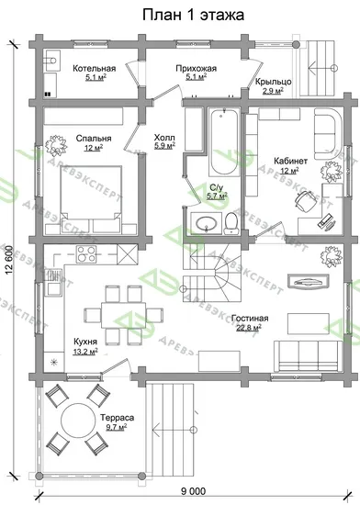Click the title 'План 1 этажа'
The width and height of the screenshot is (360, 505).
click(x=193, y=15)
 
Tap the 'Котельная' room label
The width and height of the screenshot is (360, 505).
click(x=94, y=68)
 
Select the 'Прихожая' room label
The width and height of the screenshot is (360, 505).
click(x=197, y=68)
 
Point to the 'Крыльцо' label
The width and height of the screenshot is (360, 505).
click(x=274, y=82)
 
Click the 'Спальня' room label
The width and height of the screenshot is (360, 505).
click(x=94, y=139)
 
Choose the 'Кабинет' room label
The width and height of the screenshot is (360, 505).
click(x=290, y=161)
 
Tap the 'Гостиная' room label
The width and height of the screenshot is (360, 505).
click(x=250, y=319)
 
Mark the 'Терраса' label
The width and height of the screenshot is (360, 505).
click(x=117, y=418)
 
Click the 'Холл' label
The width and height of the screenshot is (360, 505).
click(x=164, y=137)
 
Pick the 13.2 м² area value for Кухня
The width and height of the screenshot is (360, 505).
click(x=85, y=352)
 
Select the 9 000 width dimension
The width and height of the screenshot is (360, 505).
click(x=193, y=491)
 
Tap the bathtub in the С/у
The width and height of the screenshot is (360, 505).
click(x=224, y=142)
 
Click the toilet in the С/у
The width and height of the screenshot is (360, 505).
click(x=231, y=222)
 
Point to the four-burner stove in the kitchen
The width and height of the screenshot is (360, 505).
click(x=86, y=254)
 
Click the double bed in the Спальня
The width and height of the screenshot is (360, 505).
click(x=91, y=199)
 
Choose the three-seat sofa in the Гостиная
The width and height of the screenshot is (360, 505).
click(x=308, y=357)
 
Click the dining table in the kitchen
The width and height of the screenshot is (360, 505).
click(x=124, y=315)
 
